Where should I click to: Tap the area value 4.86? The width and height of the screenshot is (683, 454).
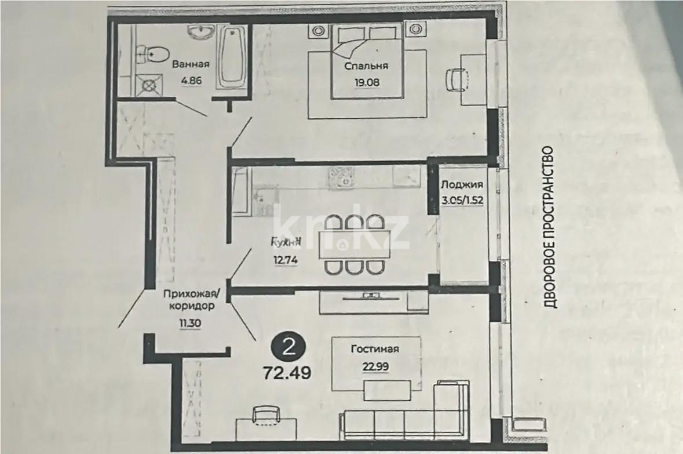tap(191, 81)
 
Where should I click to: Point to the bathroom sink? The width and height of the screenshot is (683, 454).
tap(201, 32)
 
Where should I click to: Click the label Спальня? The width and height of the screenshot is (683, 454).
tap(366, 66)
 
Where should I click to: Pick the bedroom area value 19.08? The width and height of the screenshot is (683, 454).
tap(367, 82)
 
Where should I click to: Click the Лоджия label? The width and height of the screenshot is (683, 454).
tap(462, 186)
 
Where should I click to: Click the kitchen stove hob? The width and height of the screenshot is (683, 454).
tap(340, 177)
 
